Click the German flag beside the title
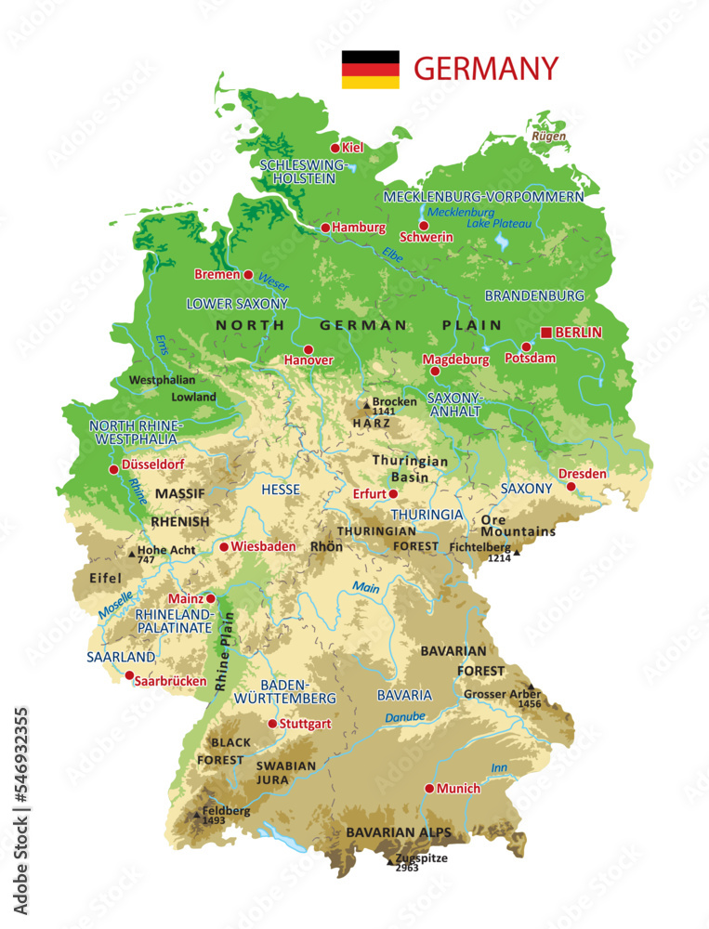370,70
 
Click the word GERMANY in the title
485,69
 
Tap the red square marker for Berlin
545,333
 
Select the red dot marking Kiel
335,148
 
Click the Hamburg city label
359,228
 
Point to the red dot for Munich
429,789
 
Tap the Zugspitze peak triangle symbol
391,860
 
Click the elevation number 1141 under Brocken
384,412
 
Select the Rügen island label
548,137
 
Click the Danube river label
406,718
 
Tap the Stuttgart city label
306,724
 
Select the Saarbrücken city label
170,681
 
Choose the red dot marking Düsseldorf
114,469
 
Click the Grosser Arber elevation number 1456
530,705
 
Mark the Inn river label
499,767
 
